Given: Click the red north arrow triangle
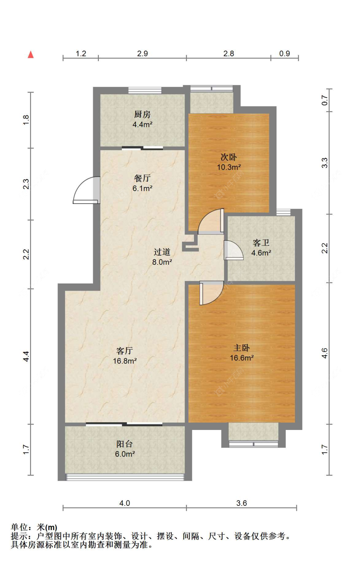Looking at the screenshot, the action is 31,54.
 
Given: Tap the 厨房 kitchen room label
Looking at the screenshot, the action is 142,114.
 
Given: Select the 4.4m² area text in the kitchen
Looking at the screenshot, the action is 142,125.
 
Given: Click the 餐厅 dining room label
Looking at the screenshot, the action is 142,178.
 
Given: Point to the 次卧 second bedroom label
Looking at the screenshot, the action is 228,157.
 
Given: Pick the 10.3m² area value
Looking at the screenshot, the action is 229,167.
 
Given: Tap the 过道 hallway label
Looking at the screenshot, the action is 162,252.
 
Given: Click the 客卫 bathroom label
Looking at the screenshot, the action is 261,243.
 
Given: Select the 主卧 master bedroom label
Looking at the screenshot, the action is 241,348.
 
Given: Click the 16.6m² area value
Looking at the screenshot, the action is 242,358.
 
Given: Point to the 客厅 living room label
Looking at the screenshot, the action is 124,351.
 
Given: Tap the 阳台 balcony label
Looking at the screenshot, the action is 124,444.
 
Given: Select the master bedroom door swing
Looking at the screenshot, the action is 211,293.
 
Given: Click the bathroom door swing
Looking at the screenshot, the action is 233,250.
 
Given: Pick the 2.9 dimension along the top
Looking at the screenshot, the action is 142,53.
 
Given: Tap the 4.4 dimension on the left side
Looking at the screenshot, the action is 26,356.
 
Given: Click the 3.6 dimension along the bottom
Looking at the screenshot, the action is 242,503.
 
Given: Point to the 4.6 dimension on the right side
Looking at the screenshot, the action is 324,353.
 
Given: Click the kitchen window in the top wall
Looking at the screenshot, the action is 145,90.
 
